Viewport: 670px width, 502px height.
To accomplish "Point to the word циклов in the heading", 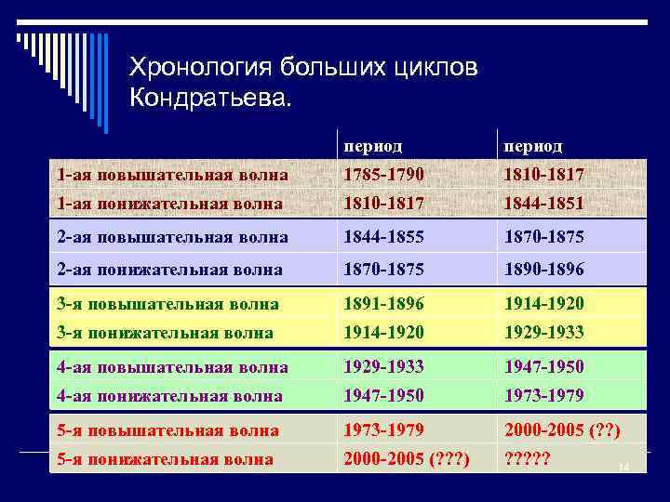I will [436, 68].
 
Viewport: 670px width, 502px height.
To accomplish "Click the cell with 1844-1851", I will [543, 202].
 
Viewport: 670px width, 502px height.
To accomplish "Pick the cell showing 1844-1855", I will [382, 237].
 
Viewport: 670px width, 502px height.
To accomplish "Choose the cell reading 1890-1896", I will [543, 270].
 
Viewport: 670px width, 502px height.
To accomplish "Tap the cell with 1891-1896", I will [382, 304].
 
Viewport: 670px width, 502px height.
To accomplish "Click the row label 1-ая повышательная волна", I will [172, 175].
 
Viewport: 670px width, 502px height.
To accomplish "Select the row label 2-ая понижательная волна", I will [170, 270].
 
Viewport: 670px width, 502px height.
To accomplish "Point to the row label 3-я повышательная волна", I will [168, 304].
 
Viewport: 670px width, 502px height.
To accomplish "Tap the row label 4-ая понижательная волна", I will [170, 395].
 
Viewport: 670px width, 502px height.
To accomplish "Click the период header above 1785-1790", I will [373, 147].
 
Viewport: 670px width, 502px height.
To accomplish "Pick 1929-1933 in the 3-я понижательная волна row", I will [543, 332].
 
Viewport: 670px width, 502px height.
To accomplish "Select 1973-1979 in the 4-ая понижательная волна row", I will [543, 395].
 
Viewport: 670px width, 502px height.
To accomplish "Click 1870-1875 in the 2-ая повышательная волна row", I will [543, 237].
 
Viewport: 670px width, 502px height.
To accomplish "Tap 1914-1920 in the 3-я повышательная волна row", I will [543, 304].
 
